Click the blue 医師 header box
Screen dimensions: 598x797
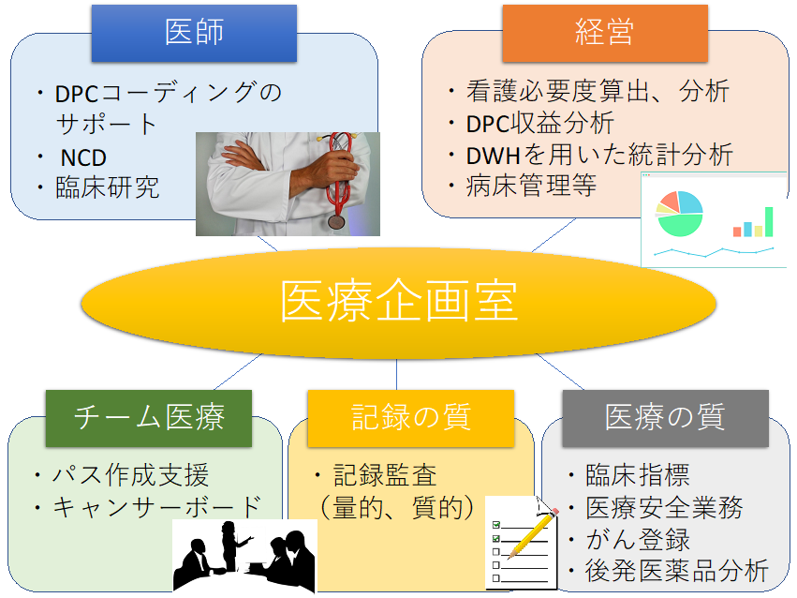(194, 33)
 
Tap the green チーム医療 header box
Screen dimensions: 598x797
(149, 417)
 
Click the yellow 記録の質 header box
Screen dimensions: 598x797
(410, 417)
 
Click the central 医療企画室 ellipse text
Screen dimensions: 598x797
(398, 303)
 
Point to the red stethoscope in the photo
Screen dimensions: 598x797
(339, 178)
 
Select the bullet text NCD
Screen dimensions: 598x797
(83, 157)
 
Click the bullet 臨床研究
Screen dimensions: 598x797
(107, 187)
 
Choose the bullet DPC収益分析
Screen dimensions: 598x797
(539, 123)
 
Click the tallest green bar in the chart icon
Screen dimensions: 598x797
(769, 221)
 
